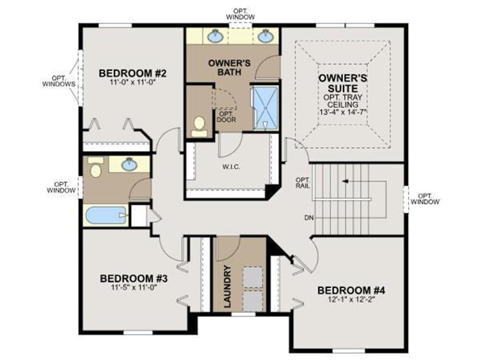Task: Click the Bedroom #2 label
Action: coord(132,74)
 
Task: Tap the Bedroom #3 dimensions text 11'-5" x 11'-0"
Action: coord(134,287)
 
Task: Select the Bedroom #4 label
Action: coord(351,290)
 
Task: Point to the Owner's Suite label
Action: coord(343,83)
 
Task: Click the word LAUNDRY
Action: coord(227,286)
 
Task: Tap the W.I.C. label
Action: coord(231,167)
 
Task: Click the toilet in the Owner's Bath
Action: coord(199,127)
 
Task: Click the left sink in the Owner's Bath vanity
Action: coord(215,37)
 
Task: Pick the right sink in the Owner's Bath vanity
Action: coord(265,37)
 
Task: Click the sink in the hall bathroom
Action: coord(129,165)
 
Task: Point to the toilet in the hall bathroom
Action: coord(96,167)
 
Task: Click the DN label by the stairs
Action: coord(309,218)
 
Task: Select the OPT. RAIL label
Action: coord(303,183)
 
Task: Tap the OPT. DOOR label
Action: coord(226,117)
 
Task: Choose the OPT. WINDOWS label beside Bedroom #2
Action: coord(59,81)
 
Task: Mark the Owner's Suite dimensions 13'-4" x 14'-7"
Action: coord(343,112)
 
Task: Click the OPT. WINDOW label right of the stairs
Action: coord(425,199)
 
